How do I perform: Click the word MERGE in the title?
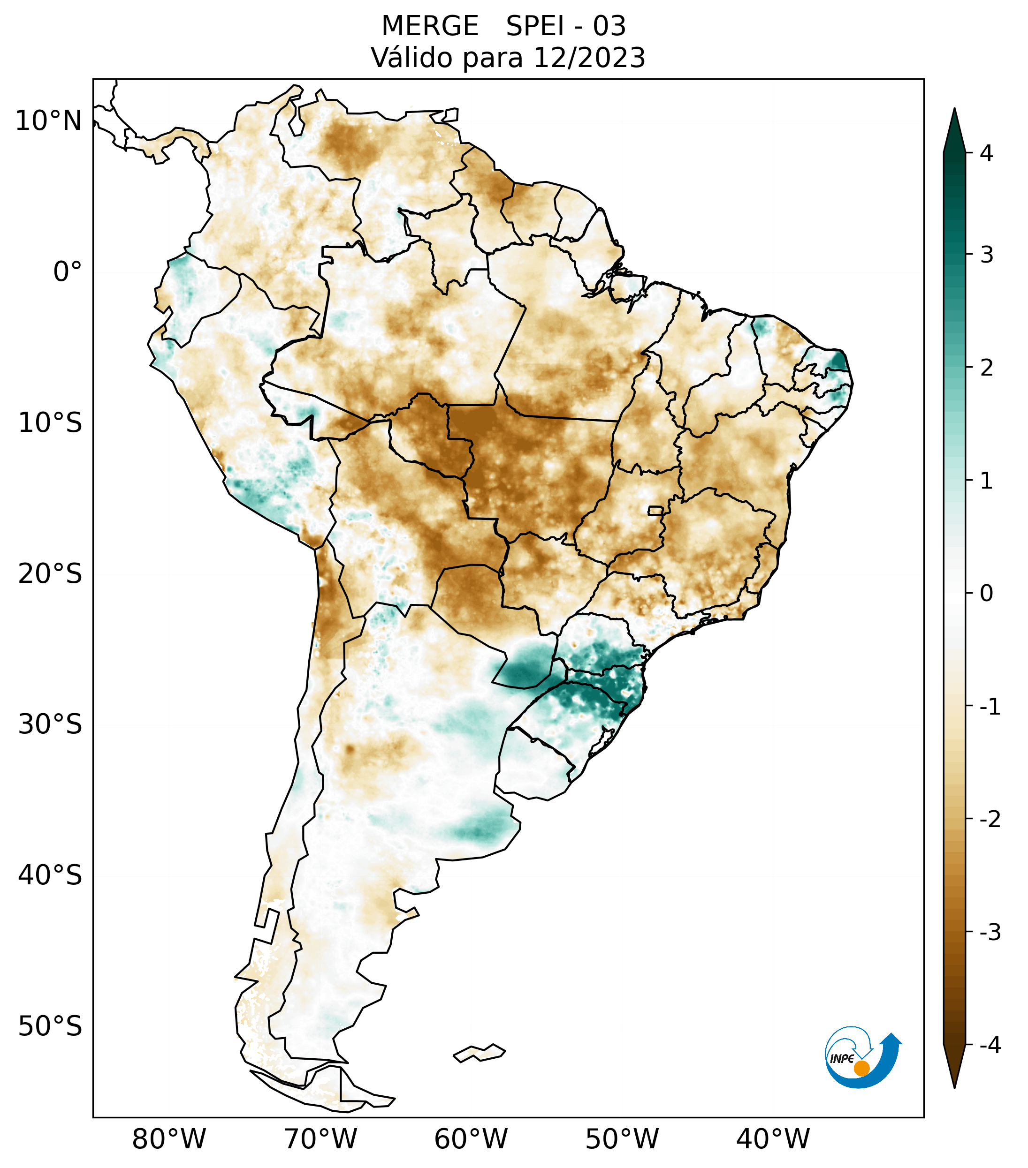click(430, 26)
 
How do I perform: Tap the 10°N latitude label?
click(49, 121)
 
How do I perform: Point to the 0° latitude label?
click(68, 272)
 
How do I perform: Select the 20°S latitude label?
click(50, 574)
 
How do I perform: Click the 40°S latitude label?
click(50, 875)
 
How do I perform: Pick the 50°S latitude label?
click(50, 1027)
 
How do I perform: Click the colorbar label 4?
click(986, 153)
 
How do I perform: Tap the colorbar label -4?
click(990, 1046)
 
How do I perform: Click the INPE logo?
click(861, 1057)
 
